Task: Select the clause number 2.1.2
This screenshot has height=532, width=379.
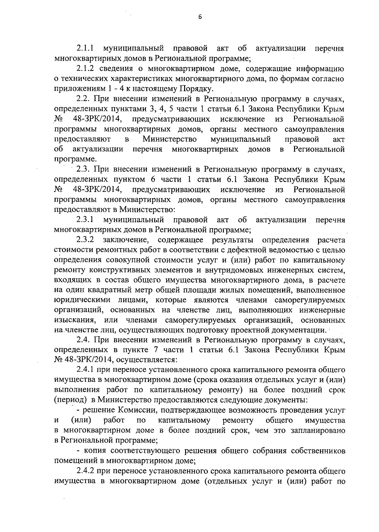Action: pyautogui.click(x=86, y=69)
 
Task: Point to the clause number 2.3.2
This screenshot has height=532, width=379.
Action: pyautogui.click(x=86, y=240)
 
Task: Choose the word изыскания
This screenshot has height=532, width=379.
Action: pyautogui.click(x=74, y=320)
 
